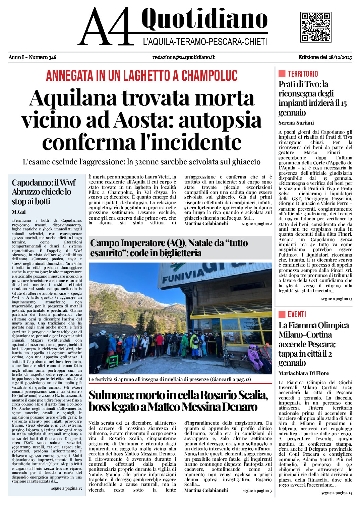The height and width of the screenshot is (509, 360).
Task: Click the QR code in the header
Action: tap(316, 27)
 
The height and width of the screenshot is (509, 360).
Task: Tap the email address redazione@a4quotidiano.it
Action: tap(183, 57)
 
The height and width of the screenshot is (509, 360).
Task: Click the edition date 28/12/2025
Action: tap(340, 57)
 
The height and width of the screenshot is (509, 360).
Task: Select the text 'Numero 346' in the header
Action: tap(43, 57)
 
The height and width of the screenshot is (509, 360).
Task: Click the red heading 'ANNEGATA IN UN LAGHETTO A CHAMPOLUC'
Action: tap(141, 76)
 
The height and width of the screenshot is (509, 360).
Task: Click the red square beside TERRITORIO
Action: tap(282, 74)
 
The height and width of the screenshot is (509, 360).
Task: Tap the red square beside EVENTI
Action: tap(282, 314)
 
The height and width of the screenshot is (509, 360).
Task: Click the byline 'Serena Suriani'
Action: tap(296, 123)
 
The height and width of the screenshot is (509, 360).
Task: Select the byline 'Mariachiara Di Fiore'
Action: tap(303, 373)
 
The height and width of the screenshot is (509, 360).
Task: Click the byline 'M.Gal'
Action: tap(18, 212)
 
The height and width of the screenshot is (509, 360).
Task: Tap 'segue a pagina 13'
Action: tap(337, 298)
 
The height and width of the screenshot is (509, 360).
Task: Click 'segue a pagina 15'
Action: tap(66, 488)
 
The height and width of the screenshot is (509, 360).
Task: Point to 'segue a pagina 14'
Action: tap(337, 493)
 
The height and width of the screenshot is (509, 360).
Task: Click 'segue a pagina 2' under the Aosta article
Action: tap(257, 224)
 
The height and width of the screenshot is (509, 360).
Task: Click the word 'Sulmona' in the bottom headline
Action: tap(108, 395)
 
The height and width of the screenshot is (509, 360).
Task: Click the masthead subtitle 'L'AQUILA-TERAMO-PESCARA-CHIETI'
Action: tap(205, 42)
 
